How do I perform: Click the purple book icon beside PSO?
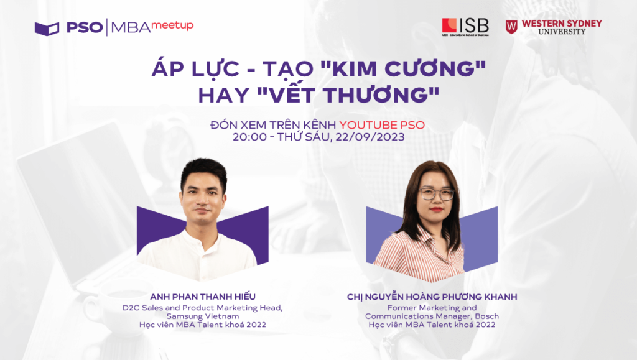(47, 29)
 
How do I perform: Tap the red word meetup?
(172, 25)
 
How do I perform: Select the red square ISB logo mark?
(449, 25)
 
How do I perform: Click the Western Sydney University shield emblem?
(511, 27)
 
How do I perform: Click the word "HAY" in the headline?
(223, 95)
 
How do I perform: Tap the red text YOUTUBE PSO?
(382, 124)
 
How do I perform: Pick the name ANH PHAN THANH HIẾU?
(203, 297)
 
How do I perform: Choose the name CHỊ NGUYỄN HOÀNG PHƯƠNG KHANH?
(432, 297)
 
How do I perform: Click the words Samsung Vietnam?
(202, 316)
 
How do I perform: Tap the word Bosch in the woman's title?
(486, 316)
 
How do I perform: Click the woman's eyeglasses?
(436, 194)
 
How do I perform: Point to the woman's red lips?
(436, 210)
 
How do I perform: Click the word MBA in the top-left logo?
(131, 27)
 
